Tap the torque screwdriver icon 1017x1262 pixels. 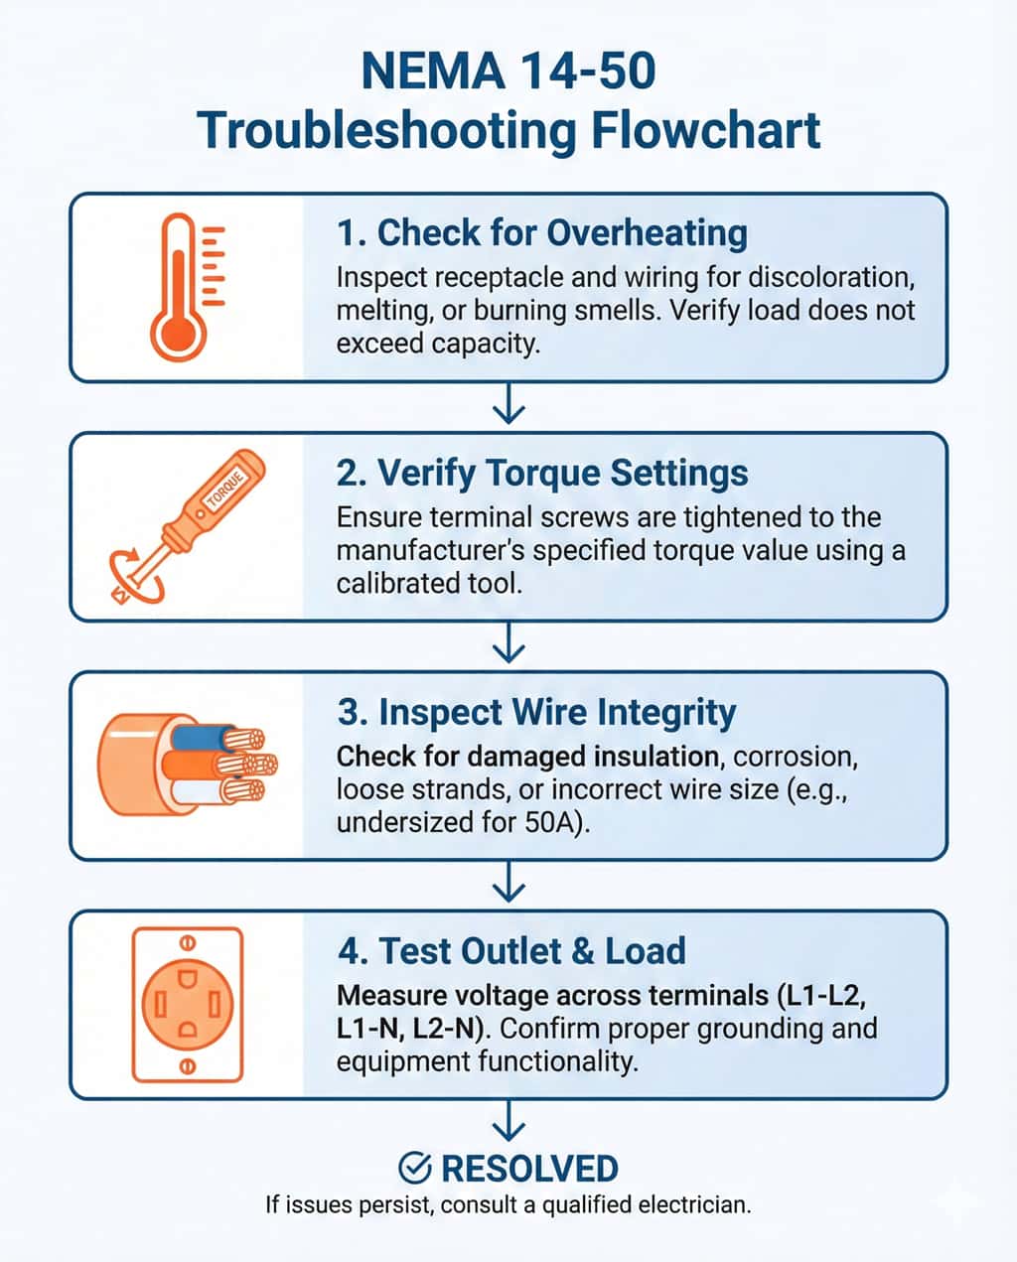[x=187, y=526]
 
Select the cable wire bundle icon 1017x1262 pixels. [x=187, y=765]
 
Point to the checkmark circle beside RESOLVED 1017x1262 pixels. [x=415, y=1168]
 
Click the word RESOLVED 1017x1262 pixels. [x=529, y=1169]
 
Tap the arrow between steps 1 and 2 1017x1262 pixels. [x=508, y=403]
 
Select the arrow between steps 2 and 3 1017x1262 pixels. [x=508, y=642]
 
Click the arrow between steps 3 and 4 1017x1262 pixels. [x=508, y=882]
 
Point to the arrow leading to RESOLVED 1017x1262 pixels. [x=508, y=1121]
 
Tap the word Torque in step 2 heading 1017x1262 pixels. [x=545, y=474]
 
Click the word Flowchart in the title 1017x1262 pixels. [x=705, y=130]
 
